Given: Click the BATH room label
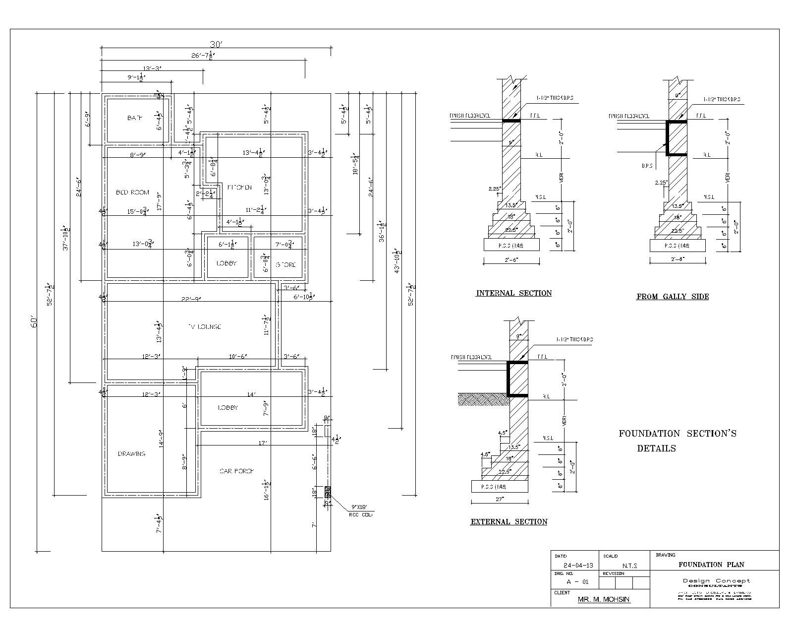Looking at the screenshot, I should pyautogui.click(x=135, y=118).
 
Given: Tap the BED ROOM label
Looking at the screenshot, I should pyautogui.click(x=132, y=192).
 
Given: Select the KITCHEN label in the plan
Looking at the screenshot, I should pyautogui.click(x=239, y=188).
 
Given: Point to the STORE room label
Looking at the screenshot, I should pyautogui.click(x=285, y=265).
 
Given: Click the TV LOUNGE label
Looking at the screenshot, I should pyautogui.click(x=204, y=327).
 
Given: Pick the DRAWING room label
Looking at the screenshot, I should pyautogui.click(x=132, y=454).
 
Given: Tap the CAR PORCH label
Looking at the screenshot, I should pyautogui.click(x=237, y=471).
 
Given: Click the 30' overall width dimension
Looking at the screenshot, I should pyautogui.click(x=216, y=44).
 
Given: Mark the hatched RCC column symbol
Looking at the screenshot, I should pyautogui.click(x=328, y=493).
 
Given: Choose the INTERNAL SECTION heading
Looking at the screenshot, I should pyautogui.click(x=514, y=293).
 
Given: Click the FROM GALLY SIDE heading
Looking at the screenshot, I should pyautogui.click(x=673, y=297).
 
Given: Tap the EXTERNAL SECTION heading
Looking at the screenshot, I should pyautogui.click(x=509, y=522).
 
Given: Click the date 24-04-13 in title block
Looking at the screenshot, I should pyautogui.click(x=574, y=566).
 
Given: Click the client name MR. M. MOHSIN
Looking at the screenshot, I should pyautogui.click(x=604, y=599).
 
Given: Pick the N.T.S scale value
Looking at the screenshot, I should pyautogui.click(x=629, y=566).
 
